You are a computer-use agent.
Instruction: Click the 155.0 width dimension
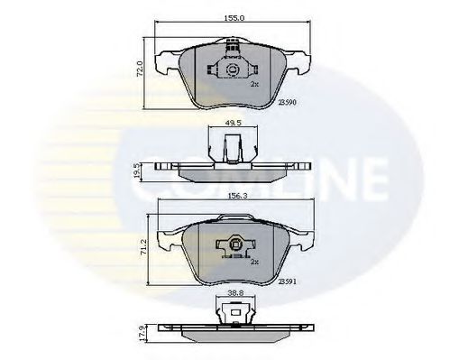(230, 15)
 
